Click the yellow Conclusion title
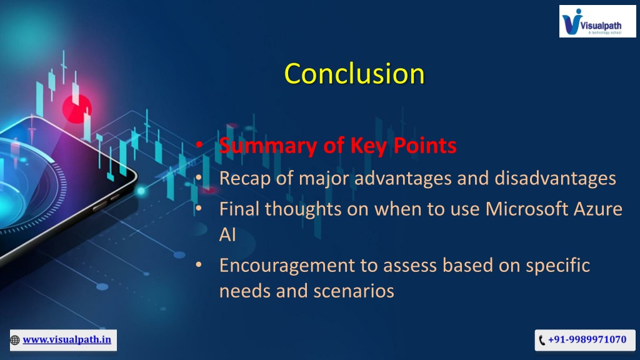pos(354,74)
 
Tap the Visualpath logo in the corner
pos(597,21)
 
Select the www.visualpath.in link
pos(67,339)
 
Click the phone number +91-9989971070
pos(587,339)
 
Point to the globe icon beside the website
pos(15,340)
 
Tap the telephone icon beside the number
pos(542,340)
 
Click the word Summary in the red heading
pos(268,146)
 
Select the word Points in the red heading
pos(424,145)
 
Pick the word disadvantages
pos(555,178)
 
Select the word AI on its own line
pos(227,235)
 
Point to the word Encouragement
pos(287,266)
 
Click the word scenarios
pos(354,291)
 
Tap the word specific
pos(557,265)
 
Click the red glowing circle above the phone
pos(77,109)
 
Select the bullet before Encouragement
pos(199,265)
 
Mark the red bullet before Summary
pos(199,144)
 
